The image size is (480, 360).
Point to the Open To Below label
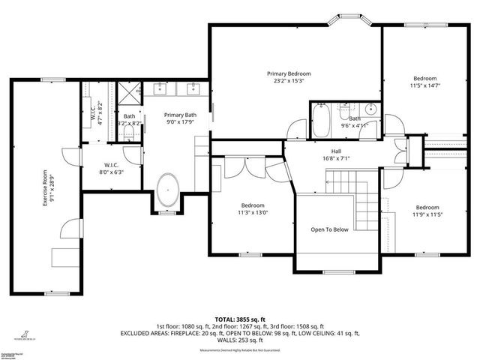(329, 229)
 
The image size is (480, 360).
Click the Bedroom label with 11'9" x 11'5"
(427, 207)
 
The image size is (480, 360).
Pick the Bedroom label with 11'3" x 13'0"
(253, 205)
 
